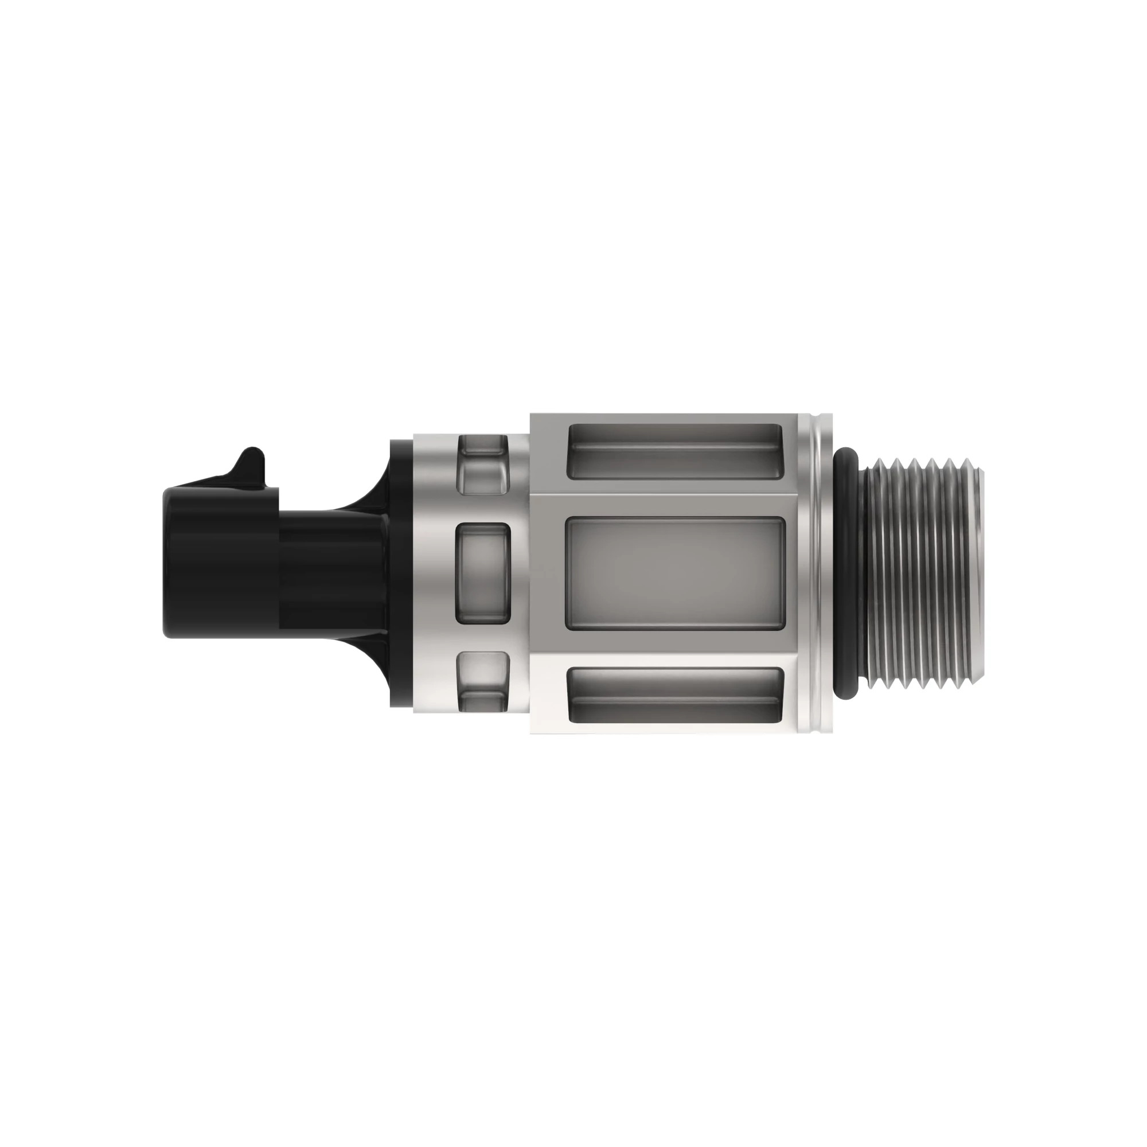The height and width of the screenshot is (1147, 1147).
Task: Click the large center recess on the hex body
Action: click(x=674, y=573)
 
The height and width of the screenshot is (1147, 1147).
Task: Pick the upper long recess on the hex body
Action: click(x=674, y=451)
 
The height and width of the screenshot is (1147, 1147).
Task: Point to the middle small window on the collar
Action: click(x=483, y=573)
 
